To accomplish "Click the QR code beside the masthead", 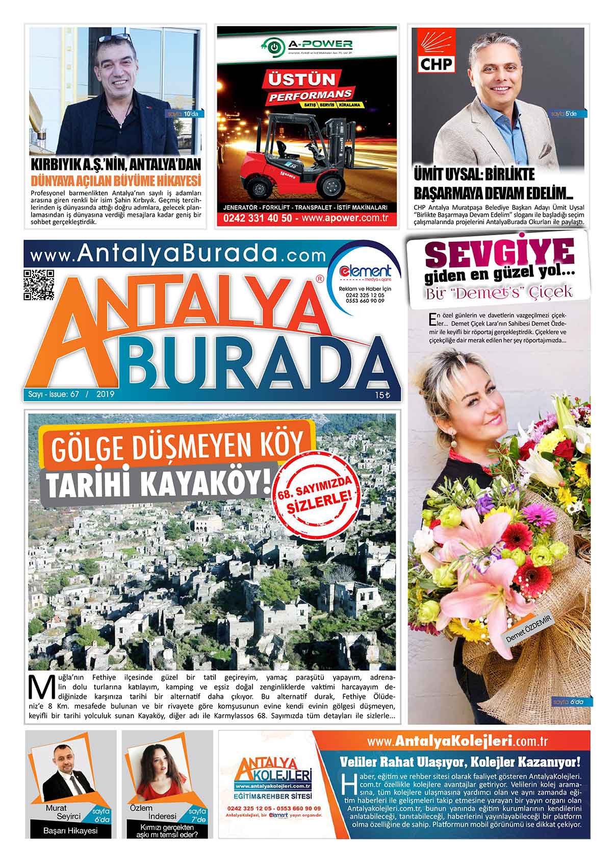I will click(x=39, y=284).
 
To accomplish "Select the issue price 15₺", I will click(x=382, y=395).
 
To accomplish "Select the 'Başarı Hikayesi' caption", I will click(x=70, y=830).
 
